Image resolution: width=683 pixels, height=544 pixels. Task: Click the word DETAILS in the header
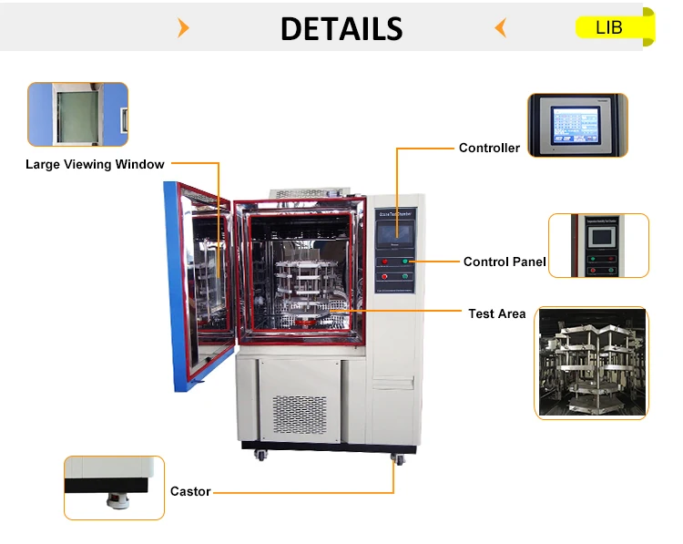[x=341, y=28]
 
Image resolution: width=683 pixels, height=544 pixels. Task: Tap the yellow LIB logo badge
[x=613, y=27]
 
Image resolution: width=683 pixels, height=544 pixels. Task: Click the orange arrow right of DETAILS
[x=499, y=28]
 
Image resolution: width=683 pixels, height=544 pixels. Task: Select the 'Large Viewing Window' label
[x=95, y=165]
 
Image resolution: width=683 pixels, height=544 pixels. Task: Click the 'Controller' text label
[x=489, y=148]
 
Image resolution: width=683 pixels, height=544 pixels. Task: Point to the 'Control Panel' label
[x=505, y=262]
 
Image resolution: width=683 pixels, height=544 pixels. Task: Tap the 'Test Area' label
[x=497, y=313]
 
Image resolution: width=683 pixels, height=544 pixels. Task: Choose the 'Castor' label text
[x=190, y=492]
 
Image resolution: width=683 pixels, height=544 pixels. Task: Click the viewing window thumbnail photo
[x=77, y=115]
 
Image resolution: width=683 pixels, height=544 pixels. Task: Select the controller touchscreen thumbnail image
[x=577, y=125]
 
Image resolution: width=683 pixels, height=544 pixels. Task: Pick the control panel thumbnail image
[x=598, y=245]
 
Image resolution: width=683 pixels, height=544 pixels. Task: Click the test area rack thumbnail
[x=592, y=363]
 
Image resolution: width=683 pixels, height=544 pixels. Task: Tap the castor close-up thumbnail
[x=114, y=488]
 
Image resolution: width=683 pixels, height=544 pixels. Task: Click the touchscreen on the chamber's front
[x=395, y=226]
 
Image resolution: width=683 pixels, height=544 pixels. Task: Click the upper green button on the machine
[x=407, y=261]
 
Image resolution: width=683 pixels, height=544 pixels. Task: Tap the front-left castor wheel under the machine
[x=264, y=453]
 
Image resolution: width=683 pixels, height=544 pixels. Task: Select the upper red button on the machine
[x=385, y=261]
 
